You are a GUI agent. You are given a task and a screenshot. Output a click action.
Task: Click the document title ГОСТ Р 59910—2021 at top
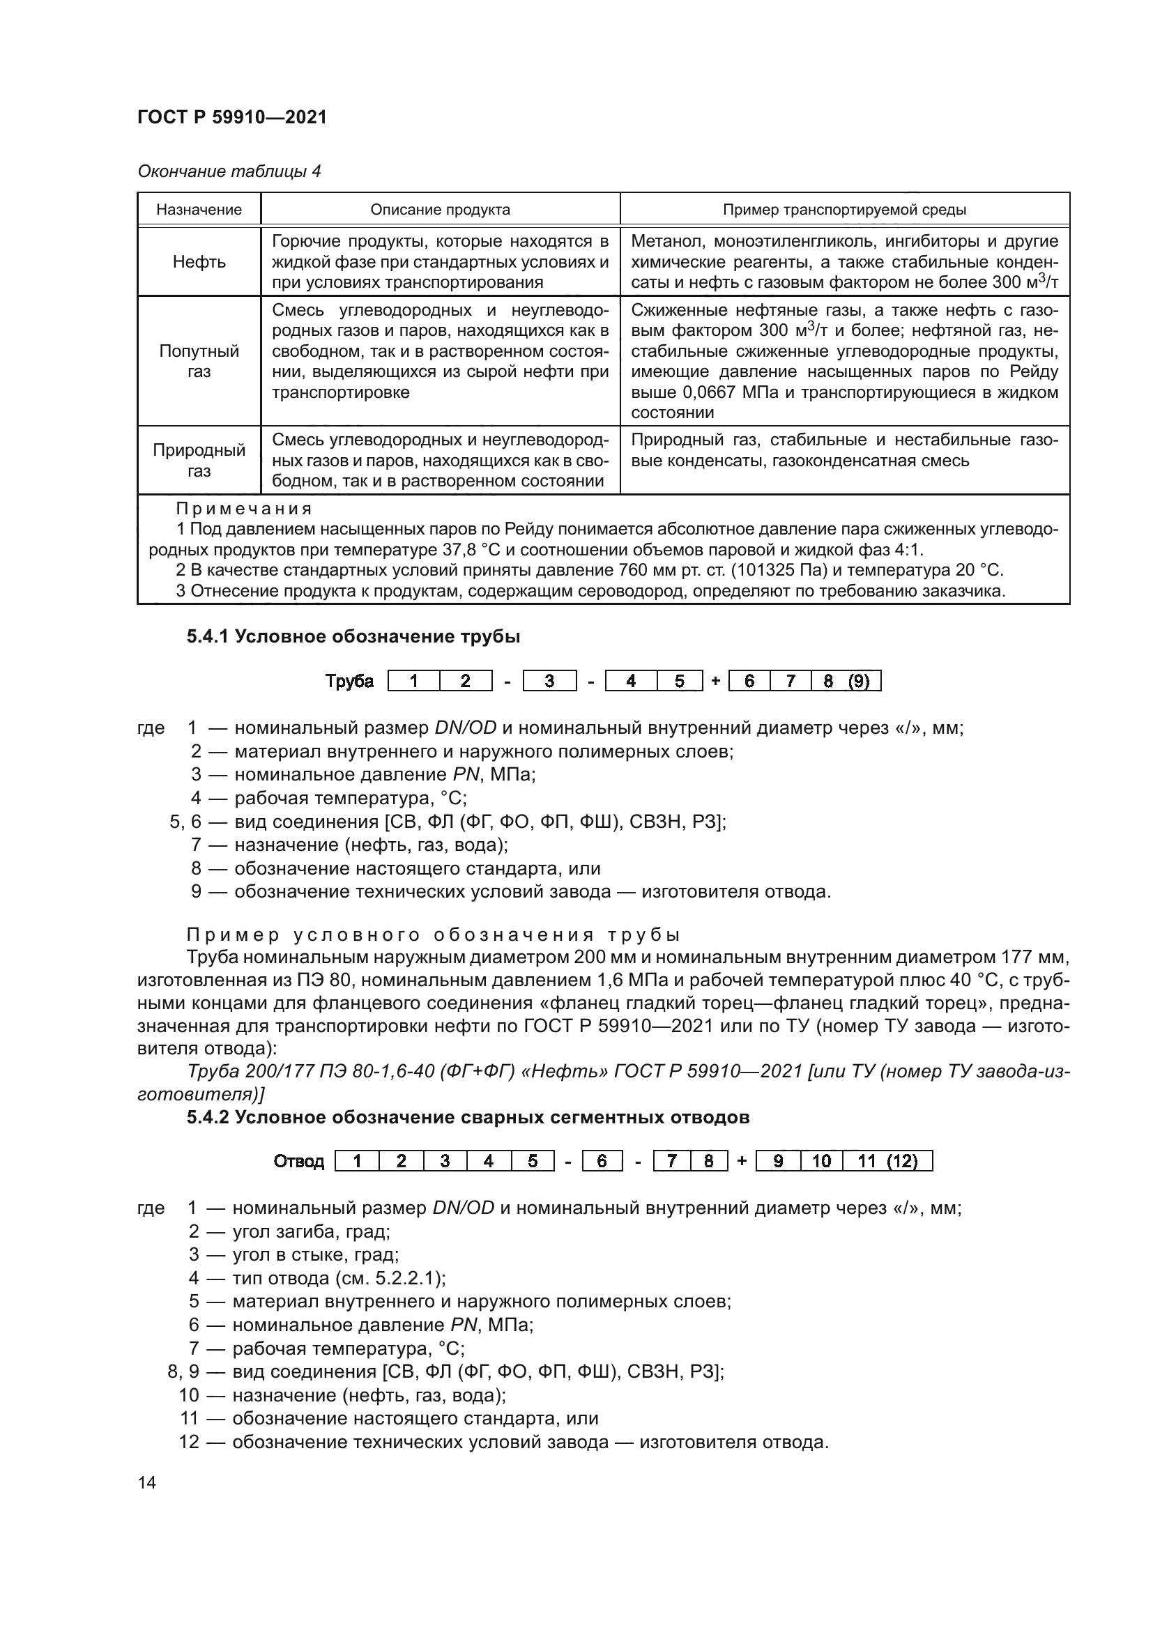click(x=232, y=117)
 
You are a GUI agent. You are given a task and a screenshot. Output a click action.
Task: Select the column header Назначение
click(x=199, y=210)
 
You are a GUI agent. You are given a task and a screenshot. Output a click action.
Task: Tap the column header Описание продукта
click(x=440, y=210)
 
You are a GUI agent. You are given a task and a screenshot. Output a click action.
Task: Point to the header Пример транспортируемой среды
click(x=844, y=210)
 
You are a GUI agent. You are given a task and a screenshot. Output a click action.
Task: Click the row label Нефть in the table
click(x=199, y=262)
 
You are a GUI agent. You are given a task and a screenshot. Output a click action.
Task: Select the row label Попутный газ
click(x=199, y=362)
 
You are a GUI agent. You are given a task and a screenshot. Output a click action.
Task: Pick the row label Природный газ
click(x=199, y=460)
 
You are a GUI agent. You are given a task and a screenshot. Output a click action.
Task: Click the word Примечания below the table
click(x=243, y=509)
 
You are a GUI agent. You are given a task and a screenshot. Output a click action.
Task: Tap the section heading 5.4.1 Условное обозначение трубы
click(x=353, y=637)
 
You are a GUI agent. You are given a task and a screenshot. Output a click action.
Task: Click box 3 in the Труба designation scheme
click(x=549, y=682)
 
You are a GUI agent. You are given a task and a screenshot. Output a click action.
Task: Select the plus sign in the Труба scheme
click(x=715, y=682)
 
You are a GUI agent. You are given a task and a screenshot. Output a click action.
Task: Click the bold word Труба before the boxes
click(x=349, y=682)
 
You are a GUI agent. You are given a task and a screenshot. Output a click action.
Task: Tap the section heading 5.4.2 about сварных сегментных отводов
click(x=468, y=1117)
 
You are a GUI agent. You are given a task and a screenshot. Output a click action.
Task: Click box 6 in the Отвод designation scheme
click(x=602, y=1162)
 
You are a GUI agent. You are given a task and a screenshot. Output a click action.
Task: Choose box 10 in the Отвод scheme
click(x=821, y=1162)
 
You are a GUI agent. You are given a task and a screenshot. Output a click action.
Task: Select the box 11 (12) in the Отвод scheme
click(x=887, y=1162)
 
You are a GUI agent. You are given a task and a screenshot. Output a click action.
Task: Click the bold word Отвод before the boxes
click(x=299, y=1162)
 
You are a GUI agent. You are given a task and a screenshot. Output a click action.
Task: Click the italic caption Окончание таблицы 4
click(x=229, y=171)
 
